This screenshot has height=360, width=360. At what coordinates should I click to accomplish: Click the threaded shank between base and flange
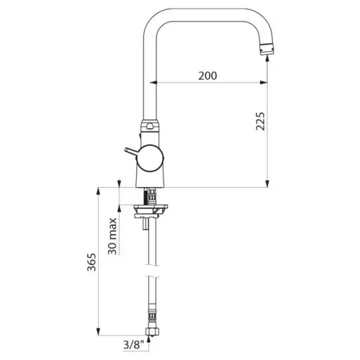[x=151, y=195]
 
